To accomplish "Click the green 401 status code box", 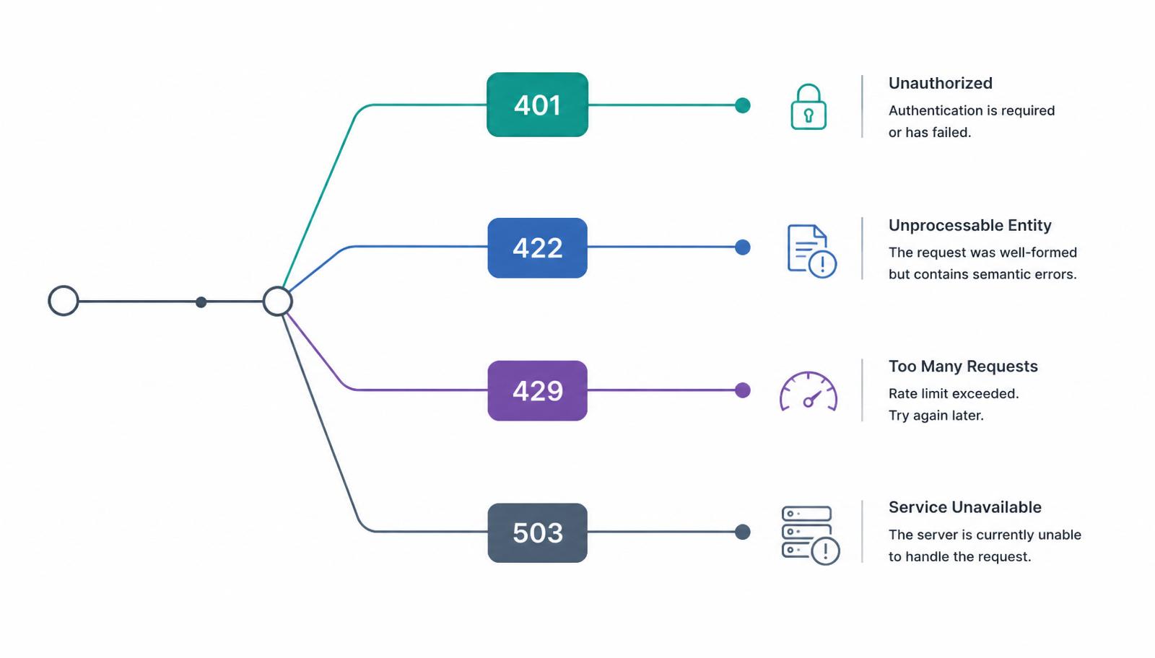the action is point(537,105).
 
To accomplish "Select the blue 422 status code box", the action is point(537,248).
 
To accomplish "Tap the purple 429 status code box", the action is point(537,390).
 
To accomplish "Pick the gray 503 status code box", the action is point(537,532).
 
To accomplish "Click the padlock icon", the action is point(808,107).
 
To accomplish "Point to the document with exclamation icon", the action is point(811,252).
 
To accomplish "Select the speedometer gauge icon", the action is point(808,392).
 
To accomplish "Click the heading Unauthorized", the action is point(940,83).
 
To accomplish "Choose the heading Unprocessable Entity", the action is point(970,225).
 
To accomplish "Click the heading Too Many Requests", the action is point(963,367).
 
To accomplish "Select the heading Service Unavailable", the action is point(964,507).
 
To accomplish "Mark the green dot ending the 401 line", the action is point(743,105).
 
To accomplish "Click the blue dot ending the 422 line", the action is point(743,247).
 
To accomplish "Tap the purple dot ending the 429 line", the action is point(743,390).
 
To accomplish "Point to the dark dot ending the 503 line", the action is point(743,532).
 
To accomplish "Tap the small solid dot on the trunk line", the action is point(201,302).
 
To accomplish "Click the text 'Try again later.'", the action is point(936,416).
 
